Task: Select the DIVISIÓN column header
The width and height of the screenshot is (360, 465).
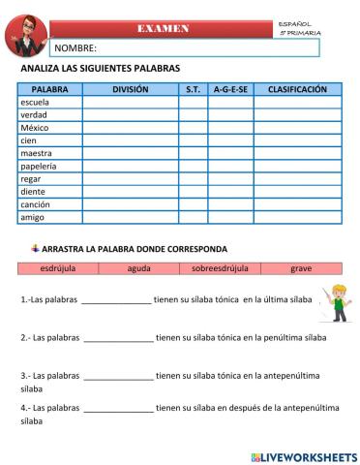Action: pyautogui.click(x=130, y=88)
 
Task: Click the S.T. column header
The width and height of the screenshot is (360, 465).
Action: pyautogui.click(x=193, y=88)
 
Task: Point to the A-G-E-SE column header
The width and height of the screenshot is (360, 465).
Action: pyautogui.click(x=230, y=88)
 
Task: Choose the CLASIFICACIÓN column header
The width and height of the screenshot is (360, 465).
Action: pyautogui.click(x=297, y=88)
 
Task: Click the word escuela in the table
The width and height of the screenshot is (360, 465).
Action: pyautogui.click(x=35, y=102)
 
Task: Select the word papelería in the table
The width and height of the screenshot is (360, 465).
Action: pyautogui.click(x=39, y=166)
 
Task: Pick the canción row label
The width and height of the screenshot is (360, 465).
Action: pyautogui.click(x=36, y=204)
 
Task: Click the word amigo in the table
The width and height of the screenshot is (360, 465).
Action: pyautogui.click(x=33, y=217)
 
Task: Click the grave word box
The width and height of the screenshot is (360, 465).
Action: pyautogui.click(x=301, y=267)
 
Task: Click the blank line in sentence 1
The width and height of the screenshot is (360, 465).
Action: pyautogui.click(x=117, y=300)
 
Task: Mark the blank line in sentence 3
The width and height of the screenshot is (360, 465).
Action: pyautogui.click(x=118, y=374)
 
